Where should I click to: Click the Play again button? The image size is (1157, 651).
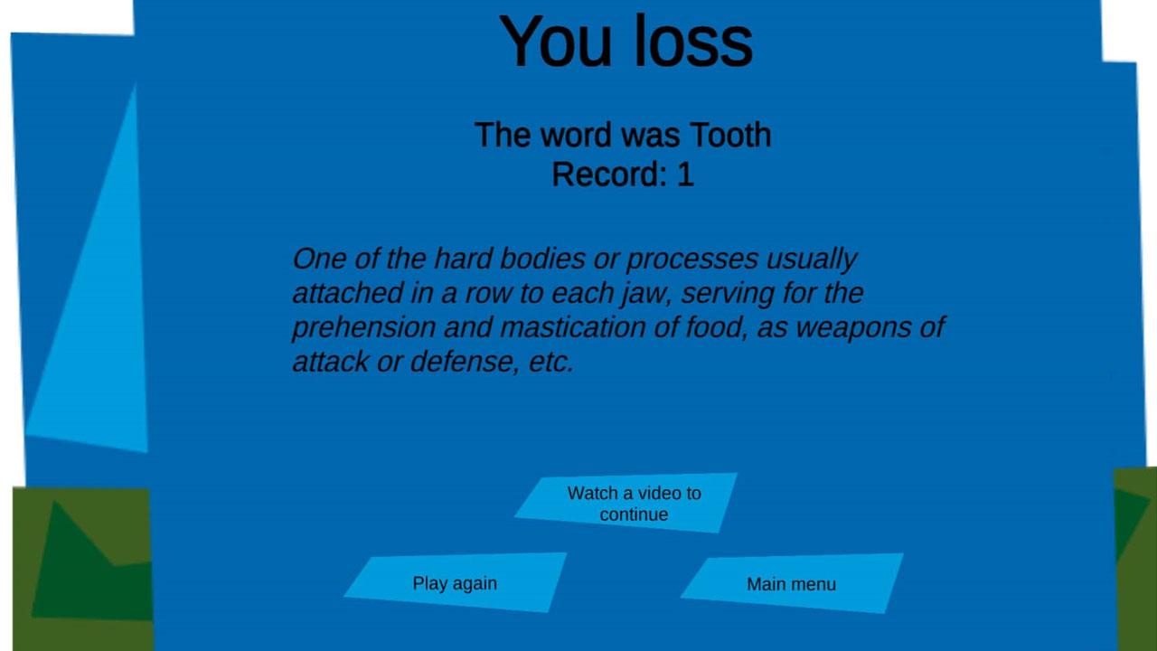[x=455, y=583]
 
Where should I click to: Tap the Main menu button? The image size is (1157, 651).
[x=791, y=584]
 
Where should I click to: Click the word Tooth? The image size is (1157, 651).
[x=730, y=135]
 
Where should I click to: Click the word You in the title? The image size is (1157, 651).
[x=556, y=42]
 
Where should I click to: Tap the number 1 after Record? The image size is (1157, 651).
[x=685, y=175]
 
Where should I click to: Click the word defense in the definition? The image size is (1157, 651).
[x=465, y=361]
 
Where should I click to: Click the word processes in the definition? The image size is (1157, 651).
[x=692, y=259]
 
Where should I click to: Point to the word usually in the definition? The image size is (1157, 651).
[x=812, y=259]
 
